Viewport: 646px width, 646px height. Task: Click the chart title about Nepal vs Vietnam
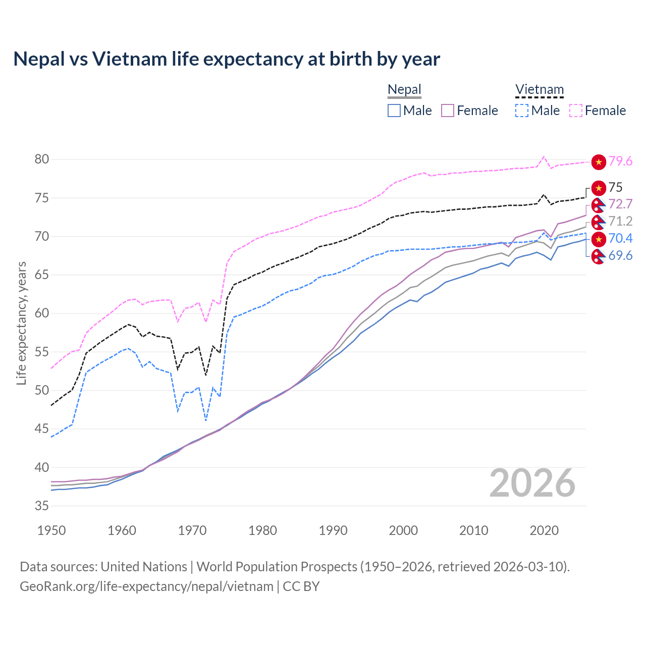pyautogui.click(x=227, y=59)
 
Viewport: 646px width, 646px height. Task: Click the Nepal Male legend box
pyautogui.click(x=394, y=111)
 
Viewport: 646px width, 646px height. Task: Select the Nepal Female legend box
pyautogui.click(x=448, y=111)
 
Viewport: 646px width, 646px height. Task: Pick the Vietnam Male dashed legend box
pyautogui.click(x=522, y=111)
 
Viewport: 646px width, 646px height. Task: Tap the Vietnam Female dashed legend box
pyautogui.click(x=576, y=111)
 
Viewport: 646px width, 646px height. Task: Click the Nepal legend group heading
pyautogui.click(x=404, y=90)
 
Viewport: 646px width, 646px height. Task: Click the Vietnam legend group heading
pyautogui.click(x=539, y=90)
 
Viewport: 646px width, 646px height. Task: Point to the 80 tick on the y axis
pyautogui.click(x=42, y=159)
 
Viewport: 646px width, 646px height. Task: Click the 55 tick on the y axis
pyautogui.click(x=42, y=352)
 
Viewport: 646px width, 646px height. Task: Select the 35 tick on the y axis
pyautogui.click(x=42, y=506)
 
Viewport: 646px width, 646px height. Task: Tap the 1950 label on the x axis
pyautogui.click(x=51, y=530)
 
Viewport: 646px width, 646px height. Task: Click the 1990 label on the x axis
pyautogui.click(x=333, y=530)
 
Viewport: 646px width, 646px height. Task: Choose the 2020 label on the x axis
pyautogui.click(x=544, y=530)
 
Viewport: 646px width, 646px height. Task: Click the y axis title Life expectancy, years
pyautogui.click(x=22, y=323)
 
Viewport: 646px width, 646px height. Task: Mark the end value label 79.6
pyautogui.click(x=620, y=161)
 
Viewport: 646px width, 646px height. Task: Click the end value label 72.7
pyautogui.click(x=620, y=204)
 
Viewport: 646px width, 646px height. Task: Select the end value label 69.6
pyautogui.click(x=620, y=256)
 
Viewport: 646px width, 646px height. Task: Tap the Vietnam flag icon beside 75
pyautogui.click(x=599, y=188)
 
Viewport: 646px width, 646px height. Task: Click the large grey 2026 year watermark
pyautogui.click(x=532, y=483)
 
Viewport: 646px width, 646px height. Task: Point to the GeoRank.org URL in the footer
pyautogui.click(x=146, y=586)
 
